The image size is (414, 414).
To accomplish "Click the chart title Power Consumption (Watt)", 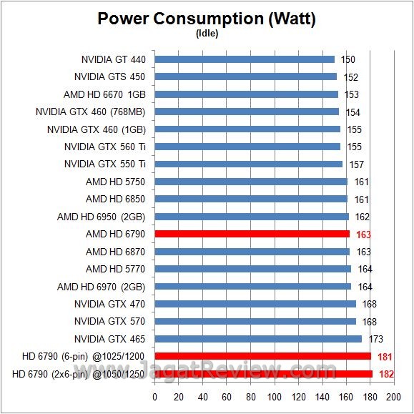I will pyautogui.click(x=206, y=19).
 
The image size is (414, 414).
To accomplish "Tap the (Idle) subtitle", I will pyautogui.click(x=206, y=33).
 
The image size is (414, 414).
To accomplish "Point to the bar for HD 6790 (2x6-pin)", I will pyautogui.click(x=263, y=373).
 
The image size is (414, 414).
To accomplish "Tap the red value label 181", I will pyautogui.click(x=384, y=357).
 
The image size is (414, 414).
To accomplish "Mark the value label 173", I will pyautogui.click(x=376, y=339).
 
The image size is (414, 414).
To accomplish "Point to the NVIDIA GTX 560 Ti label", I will pyautogui.click(x=104, y=147).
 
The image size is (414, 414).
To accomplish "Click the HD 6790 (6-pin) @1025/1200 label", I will pyautogui.click(x=83, y=356).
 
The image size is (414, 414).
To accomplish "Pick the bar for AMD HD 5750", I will pyautogui.click(x=250, y=182).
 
